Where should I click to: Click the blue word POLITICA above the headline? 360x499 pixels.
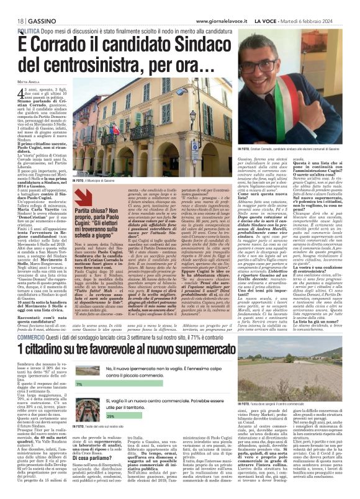point(29,30)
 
